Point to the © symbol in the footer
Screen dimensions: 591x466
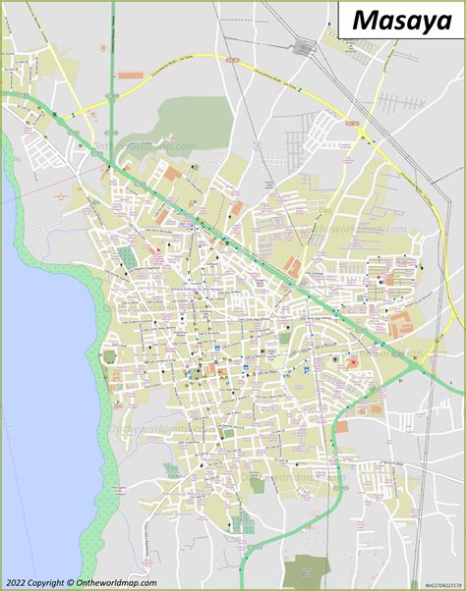pos(69,583)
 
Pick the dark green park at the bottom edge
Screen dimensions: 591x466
pos(311,569)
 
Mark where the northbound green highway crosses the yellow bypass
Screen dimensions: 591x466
pos(113,101)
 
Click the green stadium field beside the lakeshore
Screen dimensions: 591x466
pos(126,258)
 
